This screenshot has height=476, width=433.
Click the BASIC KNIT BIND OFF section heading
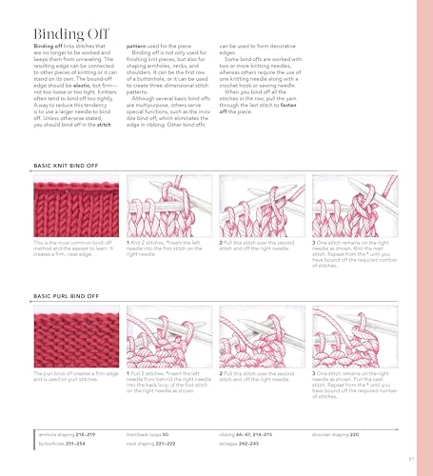(x=67, y=165)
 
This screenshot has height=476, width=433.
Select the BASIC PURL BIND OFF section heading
(x=67, y=295)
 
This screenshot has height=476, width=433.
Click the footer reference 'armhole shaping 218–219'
(x=67, y=433)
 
